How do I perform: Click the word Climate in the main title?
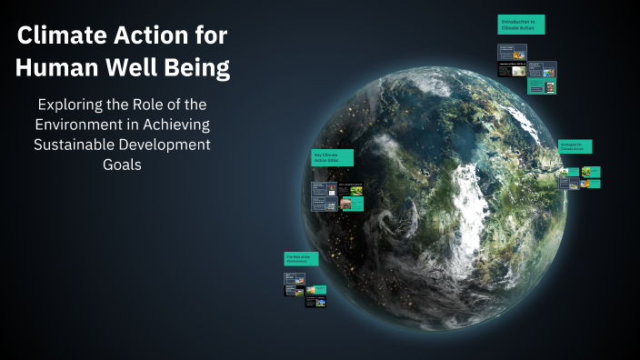tap(57, 36)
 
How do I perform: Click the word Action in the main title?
tap(145, 36)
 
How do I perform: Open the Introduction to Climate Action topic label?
tap(521, 25)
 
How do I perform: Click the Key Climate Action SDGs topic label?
tap(332, 157)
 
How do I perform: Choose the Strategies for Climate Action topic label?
tap(575, 146)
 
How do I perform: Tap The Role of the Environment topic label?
tap(301, 259)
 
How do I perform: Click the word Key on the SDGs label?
tap(317, 155)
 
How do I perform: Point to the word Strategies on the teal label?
tap(569, 144)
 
